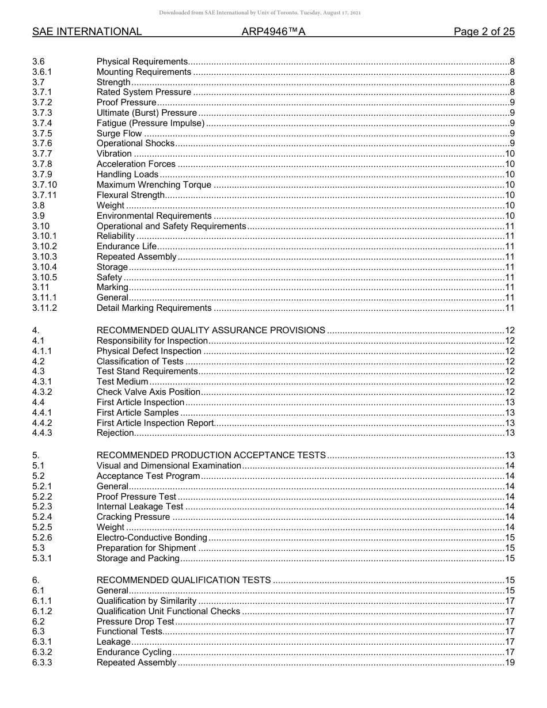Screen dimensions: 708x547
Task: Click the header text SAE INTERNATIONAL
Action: (x=87, y=32)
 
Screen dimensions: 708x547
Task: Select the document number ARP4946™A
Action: (x=273, y=32)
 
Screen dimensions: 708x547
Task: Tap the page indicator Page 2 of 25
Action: (x=484, y=32)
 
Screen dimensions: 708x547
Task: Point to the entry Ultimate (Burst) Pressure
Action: (x=146, y=113)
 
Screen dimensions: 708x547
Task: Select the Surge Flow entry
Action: (x=119, y=134)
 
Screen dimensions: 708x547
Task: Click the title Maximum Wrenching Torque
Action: (x=154, y=185)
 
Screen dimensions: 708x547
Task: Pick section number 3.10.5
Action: (x=44, y=277)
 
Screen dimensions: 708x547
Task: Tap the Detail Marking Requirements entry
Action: (x=154, y=308)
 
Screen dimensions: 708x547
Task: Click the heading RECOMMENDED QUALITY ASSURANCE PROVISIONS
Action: (x=211, y=330)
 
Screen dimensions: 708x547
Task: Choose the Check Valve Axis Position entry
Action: (x=149, y=392)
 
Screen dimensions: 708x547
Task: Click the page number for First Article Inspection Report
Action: (x=509, y=423)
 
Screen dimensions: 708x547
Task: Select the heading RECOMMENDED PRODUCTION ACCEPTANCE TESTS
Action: (x=211, y=455)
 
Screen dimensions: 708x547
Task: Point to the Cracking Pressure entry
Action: (x=133, y=517)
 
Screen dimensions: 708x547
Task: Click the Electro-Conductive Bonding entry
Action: (x=151, y=538)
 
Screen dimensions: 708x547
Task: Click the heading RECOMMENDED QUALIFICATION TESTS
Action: (x=184, y=580)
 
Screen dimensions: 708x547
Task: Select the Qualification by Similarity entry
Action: (x=146, y=601)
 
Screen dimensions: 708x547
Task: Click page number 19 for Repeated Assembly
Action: (x=509, y=663)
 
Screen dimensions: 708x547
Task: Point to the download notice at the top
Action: (x=273, y=13)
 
